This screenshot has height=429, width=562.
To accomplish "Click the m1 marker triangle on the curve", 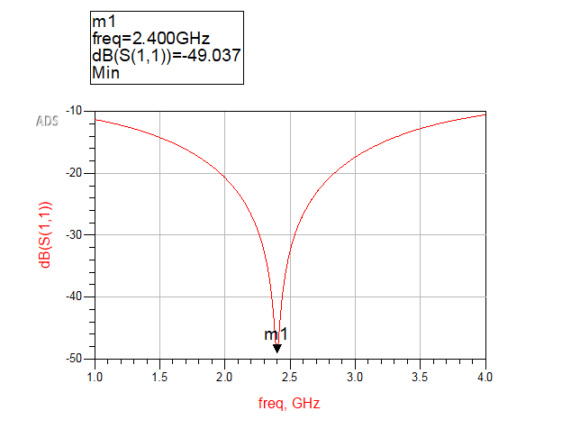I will coord(277,349).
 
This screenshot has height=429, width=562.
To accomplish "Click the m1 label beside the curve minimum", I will coord(275,335).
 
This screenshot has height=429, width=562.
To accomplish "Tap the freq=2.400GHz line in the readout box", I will coord(150,38).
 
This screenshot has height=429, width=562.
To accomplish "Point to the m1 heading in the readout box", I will coord(102,21).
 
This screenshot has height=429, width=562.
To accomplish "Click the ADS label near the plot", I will coord(47,121).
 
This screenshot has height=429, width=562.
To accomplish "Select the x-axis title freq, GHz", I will coord(289,403).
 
